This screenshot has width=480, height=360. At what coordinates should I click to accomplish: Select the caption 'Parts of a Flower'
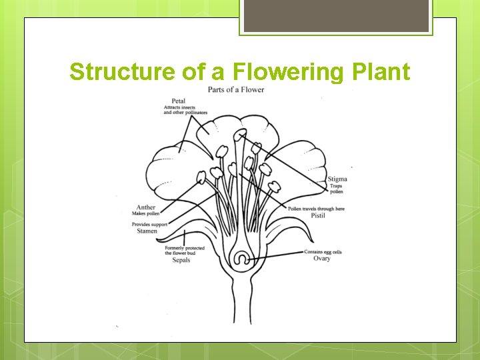pos(236,89)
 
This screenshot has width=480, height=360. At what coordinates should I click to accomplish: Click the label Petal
pos(178,101)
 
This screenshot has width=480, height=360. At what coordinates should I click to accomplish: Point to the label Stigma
pos(337,179)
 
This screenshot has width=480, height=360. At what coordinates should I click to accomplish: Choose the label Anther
pos(146,207)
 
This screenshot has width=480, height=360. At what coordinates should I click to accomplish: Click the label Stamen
pos(147,231)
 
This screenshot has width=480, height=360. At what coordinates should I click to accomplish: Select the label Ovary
pos(322,259)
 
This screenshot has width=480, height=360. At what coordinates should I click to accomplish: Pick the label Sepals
pos(181,260)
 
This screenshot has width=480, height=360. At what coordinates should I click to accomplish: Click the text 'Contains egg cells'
pos(323,251)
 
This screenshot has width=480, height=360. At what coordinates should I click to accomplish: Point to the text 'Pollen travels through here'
pos(316,209)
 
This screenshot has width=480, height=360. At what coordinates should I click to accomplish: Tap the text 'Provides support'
pos(149,224)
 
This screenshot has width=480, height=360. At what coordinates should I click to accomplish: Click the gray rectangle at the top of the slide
pos(335,16)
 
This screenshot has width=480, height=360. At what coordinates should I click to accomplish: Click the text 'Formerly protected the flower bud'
pos(185,251)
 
